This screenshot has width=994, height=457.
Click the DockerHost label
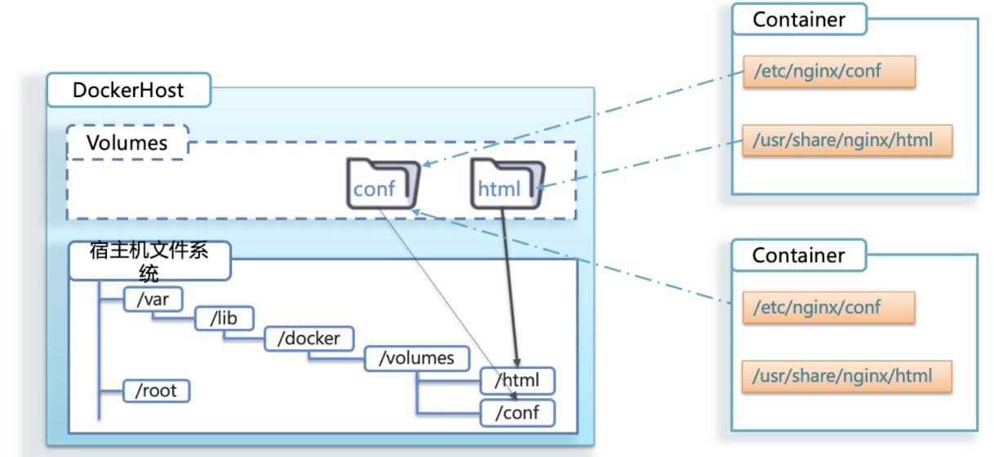click(x=128, y=90)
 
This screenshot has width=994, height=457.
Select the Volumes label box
click(x=127, y=143)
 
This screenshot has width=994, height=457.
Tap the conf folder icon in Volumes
click(x=383, y=184)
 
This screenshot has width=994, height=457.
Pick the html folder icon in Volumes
click(x=507, y=184)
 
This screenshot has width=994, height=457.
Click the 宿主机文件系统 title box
click(x=149, y=260)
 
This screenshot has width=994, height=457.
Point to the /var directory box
click(x=153, y=299)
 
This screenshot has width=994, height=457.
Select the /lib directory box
click(x=224, y=318)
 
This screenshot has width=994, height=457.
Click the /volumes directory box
click(x=416, y=358)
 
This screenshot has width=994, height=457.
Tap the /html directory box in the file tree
click(x=517, y=380)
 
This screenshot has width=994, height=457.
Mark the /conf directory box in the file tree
click(x=517, y=412)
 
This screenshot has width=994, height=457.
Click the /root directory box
click(x=156, y=391)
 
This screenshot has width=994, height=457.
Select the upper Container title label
click(x=798, y=20)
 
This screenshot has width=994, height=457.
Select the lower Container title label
click(x=798, y=255)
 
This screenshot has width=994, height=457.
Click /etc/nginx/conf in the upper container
click(x=828, y=71)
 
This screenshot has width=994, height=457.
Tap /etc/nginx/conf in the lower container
click(x=828, y=307)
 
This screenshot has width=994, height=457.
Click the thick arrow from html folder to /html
click(x=510, y=286)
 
